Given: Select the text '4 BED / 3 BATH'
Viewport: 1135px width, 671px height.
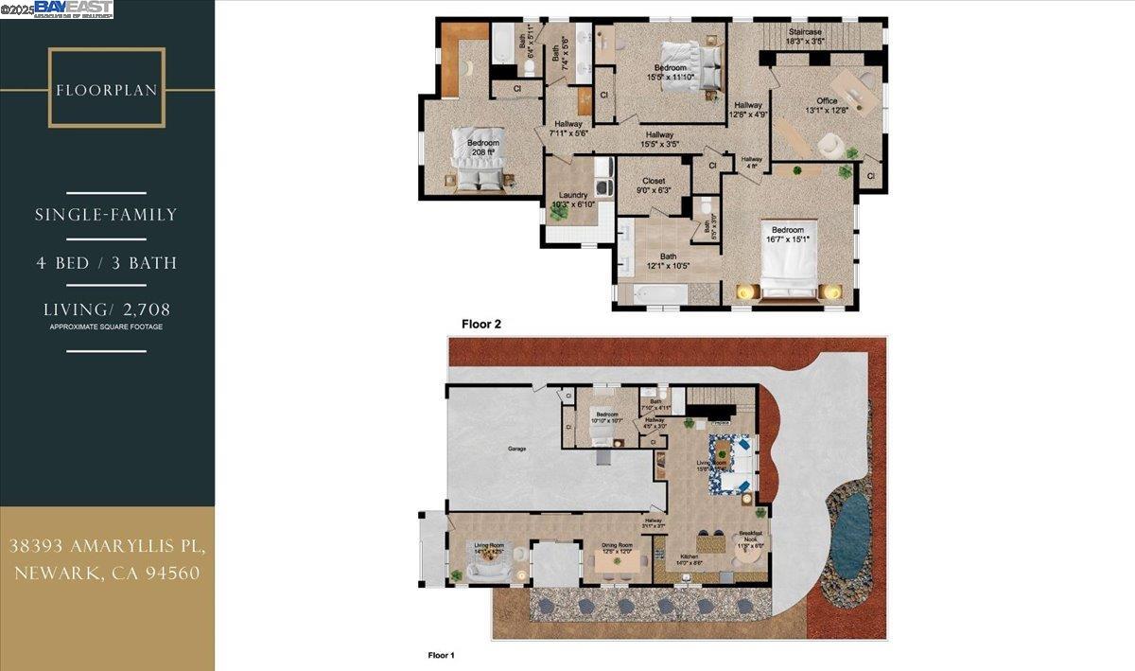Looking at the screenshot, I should pos(106,262).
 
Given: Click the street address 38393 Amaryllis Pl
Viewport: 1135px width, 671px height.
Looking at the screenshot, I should pos(106,546).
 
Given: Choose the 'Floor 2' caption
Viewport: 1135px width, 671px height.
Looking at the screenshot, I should pos(480,324).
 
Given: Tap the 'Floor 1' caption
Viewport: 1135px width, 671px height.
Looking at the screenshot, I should pos(442,654).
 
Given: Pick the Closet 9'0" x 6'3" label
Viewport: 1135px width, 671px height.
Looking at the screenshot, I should pos(654,185).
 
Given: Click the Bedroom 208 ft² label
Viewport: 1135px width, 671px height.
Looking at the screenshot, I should pos(482,148).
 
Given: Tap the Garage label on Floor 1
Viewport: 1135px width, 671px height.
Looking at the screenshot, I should pos(516,449).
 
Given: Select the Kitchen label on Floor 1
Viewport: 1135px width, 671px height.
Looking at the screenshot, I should pos(689,559).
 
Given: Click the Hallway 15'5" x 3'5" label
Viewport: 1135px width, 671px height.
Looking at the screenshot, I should pos(658,139).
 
